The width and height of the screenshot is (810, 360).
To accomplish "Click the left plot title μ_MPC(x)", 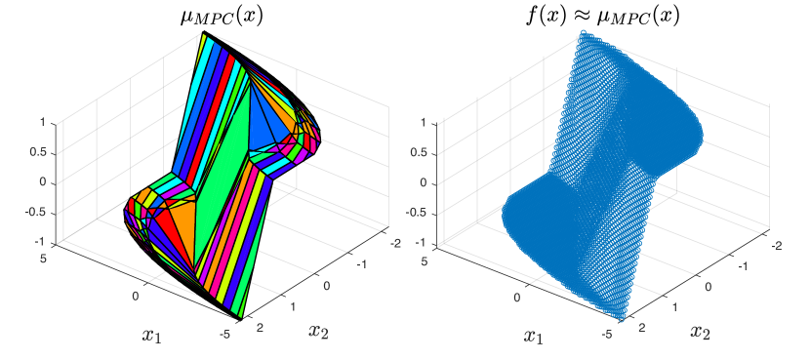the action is (222, 17).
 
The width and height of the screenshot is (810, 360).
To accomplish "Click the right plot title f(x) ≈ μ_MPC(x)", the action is (602, 17).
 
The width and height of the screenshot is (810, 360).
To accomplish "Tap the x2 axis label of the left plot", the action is (319, 331).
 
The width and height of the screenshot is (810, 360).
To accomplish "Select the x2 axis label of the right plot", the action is (700, 332).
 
